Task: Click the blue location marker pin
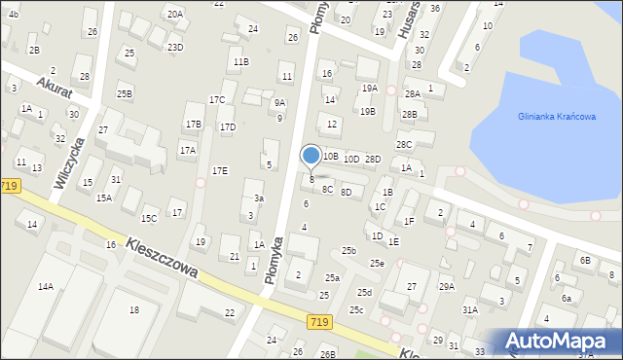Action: (x=311, y=156)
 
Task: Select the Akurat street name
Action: (x=55, y=85)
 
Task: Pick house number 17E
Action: (x=220, y=170)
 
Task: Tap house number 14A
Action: (x=46, y=286)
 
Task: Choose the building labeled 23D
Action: (x=175, y=47)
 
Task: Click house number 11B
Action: (x=239, y=62)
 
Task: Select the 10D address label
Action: (x=351, y=159)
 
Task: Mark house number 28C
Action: (x=403, y=144)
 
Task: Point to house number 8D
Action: (x=347, y=192)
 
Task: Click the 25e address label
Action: (x=377, y=264)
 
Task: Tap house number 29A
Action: (x=446, y=286)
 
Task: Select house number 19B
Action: (x=367, y=111)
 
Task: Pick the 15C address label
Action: (x=149, y=218)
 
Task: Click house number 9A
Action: (x=279, y=102)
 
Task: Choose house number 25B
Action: (x=125, y=93)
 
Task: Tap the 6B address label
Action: (x=585, y=260)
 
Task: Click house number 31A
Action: (x=470, y=309)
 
